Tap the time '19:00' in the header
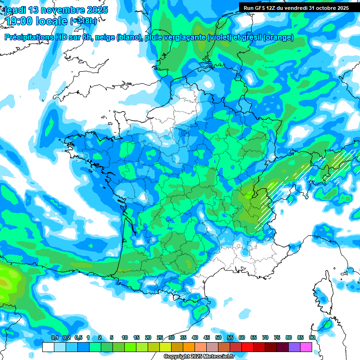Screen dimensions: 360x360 pyautogui.click(x=21, y=21)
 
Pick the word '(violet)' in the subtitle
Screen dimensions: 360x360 pyautogui.click(x=220, y=37)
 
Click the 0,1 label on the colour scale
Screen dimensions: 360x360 pyautogui.click(x=54, y=337)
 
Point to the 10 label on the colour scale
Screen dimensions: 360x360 pyautogui.click(x=125, y=337)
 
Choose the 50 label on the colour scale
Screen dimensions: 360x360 pyautogui.click(x=218, y=337)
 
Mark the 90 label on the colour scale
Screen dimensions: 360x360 pyautogui.click(x=312, y=337)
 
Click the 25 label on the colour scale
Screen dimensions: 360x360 pyautogui.click(x=160, y=337)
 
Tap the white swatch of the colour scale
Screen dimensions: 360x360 pyautogui.click(x=48, y=347)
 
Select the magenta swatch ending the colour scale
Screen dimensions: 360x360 pyautogui.click(x=306, y=347)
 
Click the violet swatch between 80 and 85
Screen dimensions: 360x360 pyautogui.click(x=294, y=347)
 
